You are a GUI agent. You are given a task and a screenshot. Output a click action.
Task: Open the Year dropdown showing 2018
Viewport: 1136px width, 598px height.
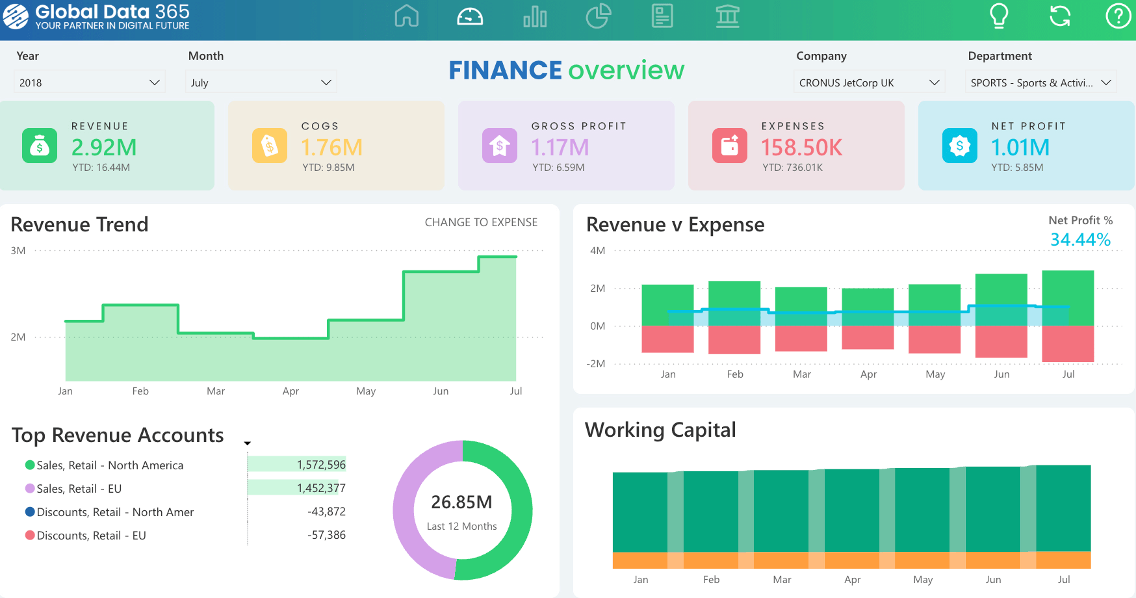[x=89, y=83]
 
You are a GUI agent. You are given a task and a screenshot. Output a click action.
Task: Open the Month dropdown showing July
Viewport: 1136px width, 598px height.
[x=261, y=83]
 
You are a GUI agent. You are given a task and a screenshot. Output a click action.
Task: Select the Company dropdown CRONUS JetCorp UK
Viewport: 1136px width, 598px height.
[x=869, y=83]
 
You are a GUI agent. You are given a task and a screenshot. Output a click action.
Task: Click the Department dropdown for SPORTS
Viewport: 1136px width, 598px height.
[x=1040, y=83]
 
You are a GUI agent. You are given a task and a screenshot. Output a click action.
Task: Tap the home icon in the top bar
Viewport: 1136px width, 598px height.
[x=406, y=16]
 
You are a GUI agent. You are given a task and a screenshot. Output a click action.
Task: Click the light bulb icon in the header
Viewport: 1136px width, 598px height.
[x=998, y=16]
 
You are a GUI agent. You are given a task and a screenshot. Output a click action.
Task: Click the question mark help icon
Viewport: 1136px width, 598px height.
[x=1118, y=16]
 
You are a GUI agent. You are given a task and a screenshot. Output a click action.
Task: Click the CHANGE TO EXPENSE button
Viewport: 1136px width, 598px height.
[x=481, y=222]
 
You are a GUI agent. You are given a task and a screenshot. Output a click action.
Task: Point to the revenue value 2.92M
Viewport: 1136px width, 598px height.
[x=104, y=148]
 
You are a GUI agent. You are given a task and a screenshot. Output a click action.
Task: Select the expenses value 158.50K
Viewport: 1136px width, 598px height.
[x=801, y=148]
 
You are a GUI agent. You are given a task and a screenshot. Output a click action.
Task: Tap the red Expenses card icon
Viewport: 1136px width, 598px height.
[x=729, y=145]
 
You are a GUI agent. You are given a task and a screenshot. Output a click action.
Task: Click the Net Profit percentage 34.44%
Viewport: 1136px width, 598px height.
[x=1080, y=240]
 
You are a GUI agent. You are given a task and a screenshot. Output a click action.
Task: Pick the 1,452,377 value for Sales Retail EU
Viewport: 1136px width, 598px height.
[x=321, y=488]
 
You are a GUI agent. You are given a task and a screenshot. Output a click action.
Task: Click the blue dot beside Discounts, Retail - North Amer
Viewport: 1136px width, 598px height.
[x=30, y=512]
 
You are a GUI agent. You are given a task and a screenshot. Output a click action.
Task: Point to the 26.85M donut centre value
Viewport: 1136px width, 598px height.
[x=461, y=502]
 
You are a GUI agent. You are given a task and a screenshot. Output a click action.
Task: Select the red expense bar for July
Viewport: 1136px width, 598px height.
[x=1068, y=343]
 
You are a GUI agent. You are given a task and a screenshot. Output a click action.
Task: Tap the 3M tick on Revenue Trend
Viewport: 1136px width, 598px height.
[x=18, y=250]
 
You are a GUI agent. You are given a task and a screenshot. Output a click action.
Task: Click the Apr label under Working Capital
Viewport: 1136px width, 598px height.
[x=852, y=579]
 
